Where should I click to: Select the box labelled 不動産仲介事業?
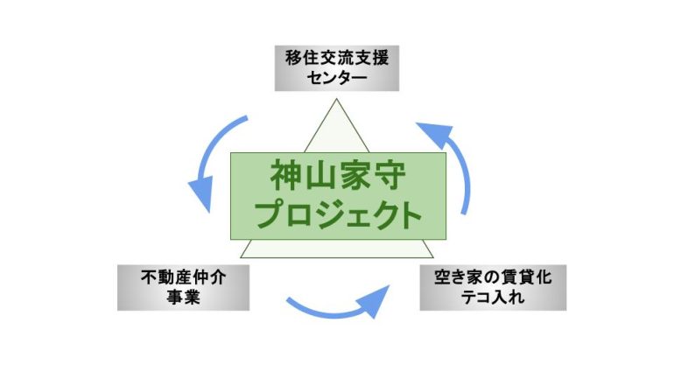coord(184,287)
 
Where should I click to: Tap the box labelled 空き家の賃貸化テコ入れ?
coord(493,287)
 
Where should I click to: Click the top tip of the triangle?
coord(337,102)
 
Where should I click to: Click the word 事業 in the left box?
coord(184,298)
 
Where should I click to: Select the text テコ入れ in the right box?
coord(493,298)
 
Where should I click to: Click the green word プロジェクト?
coord(337,214)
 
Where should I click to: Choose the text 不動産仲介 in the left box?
coord(184,277)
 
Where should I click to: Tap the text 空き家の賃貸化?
coord(493,277)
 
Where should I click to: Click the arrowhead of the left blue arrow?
coord(202,197)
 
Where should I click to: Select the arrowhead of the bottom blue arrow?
coord(376,298)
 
